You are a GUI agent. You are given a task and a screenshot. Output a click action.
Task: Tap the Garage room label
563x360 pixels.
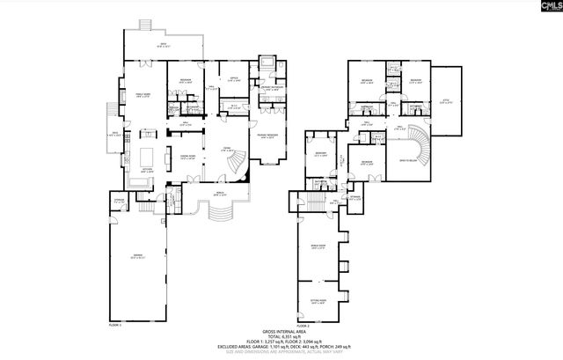(x=136, y=257)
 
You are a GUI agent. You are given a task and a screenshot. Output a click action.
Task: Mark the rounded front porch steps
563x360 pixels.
(x=218, y=214)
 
